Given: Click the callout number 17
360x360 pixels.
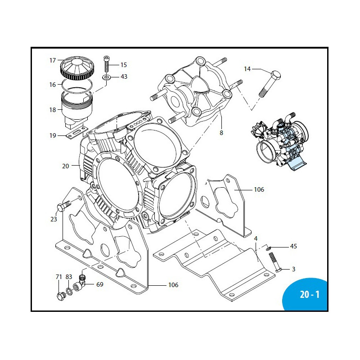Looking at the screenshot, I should pos(53,60).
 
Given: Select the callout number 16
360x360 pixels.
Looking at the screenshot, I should pos(53,85).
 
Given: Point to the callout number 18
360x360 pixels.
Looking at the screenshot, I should pos(53,110).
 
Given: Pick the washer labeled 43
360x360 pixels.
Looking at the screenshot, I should pos(107,77).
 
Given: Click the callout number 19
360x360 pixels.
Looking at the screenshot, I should pos(53,135).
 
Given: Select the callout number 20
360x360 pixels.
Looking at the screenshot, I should pos(66,166).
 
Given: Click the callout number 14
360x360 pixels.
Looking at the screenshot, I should pos(247,69).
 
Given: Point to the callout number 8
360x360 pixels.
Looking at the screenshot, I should pos(221,133).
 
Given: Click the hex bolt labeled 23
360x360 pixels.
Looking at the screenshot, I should pos(63,206).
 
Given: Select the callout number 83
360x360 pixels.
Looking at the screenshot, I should pos(68,277).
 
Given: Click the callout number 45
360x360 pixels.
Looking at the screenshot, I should pos(293,246).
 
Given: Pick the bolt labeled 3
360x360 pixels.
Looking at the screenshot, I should pos(274,263).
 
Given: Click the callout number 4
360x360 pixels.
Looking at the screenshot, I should pos(255,238).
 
